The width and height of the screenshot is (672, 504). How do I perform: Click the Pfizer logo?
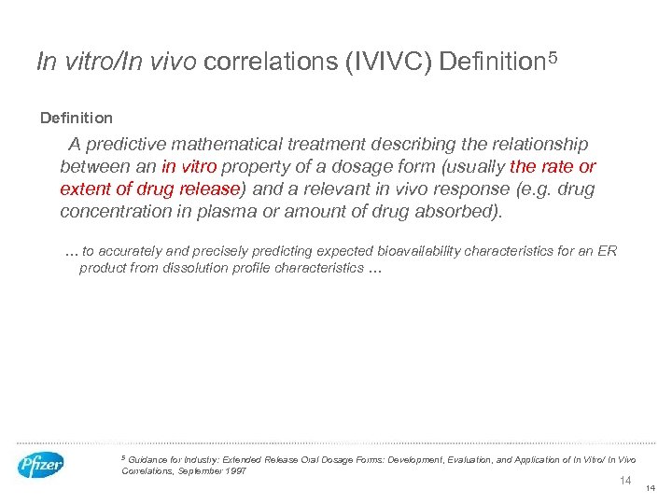pyautogui.click(x=41, y=465)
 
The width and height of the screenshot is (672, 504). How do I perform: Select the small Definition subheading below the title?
pyautogui.click(x=77, y=119)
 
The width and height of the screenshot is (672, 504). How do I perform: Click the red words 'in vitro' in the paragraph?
pyautogui.click(x=189, y=167)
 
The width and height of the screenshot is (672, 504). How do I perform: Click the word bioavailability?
pyautogui.click(x=421, y=251)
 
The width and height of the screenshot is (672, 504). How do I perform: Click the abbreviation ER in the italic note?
pyautogui.click(x=608, y=251)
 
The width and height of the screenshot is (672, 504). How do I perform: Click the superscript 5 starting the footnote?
pyautogui.click(x=124, y=457)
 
